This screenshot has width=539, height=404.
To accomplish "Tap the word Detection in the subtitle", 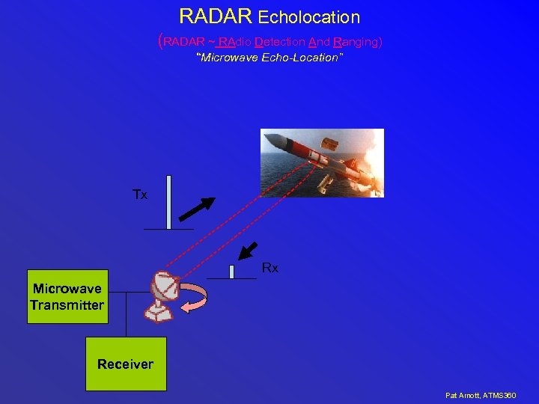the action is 280,42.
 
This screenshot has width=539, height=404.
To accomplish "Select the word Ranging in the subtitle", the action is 357,42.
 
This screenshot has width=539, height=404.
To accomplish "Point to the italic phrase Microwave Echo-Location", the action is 269,58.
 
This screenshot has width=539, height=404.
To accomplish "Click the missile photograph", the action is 322,162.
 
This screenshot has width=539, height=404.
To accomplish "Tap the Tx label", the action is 140,195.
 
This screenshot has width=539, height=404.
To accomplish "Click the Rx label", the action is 269,268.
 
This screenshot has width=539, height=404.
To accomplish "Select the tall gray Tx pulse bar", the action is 169,202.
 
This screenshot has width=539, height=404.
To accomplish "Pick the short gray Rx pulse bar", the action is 232,272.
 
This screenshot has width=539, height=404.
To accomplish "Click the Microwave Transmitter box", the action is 67,297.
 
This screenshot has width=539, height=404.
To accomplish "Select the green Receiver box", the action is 125,364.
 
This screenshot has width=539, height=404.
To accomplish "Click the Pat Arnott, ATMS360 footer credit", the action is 481,395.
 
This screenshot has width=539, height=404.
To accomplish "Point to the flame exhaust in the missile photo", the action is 371,161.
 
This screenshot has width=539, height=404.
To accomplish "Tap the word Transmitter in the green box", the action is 67,305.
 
